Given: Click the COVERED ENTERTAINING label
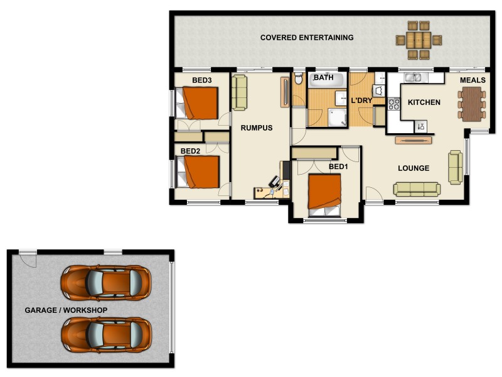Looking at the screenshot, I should (x=307, y=38).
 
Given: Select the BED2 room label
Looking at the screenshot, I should (x=190, y=151).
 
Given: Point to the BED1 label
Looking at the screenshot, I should (x=338, y=167).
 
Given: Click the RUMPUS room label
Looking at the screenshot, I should (x=257, y=128).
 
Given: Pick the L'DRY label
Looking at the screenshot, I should (x=361, y=101).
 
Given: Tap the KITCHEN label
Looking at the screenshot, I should (x=424, y=102).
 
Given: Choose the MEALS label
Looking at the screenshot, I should (x=473, y=80).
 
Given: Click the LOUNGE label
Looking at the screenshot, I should (x=414, y=168).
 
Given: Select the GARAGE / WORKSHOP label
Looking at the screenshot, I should (x=66, y=310).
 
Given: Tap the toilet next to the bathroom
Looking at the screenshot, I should (x=298, y=80).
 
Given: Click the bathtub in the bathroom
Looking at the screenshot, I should (x=328, y=80).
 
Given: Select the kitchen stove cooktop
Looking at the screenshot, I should (x=394, y=104).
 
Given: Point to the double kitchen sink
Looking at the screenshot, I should (x=414, y=78).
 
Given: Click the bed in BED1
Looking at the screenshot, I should (x=324, y=194).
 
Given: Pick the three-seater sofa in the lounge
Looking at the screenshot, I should (x=417, y=188).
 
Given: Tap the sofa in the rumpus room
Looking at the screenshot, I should (x=239, y=92).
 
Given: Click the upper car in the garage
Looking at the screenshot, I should (x=106, y=282).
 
